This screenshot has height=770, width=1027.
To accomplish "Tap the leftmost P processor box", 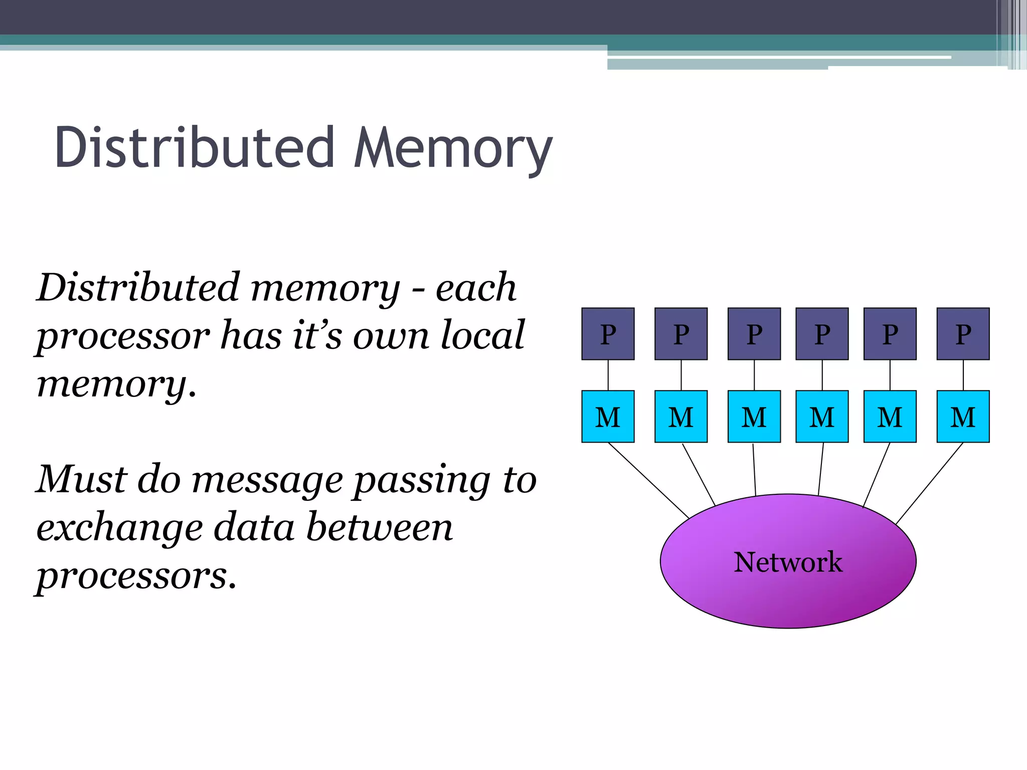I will [x=608, y=334].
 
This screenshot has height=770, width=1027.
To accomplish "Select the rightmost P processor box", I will [x=963, y=334].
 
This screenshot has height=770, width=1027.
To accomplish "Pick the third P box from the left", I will [x=754, y=334].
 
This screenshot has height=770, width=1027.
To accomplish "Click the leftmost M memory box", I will [x=608, y=417].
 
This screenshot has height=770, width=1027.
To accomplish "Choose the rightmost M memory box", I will [x=963, y=417].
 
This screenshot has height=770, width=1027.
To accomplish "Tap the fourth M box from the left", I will [x=822, y=417].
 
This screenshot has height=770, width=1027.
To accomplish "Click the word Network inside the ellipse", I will [x=788, y=562].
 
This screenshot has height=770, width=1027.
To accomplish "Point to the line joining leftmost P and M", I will [x=608, y=375].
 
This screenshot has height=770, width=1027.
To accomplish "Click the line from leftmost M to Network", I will [x=648, y=480].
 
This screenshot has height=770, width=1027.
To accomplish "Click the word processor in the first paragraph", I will [x=123, y=336].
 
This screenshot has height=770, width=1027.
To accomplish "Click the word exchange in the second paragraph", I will [x=119, y=528].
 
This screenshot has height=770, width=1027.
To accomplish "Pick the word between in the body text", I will [x=379, y=527].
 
